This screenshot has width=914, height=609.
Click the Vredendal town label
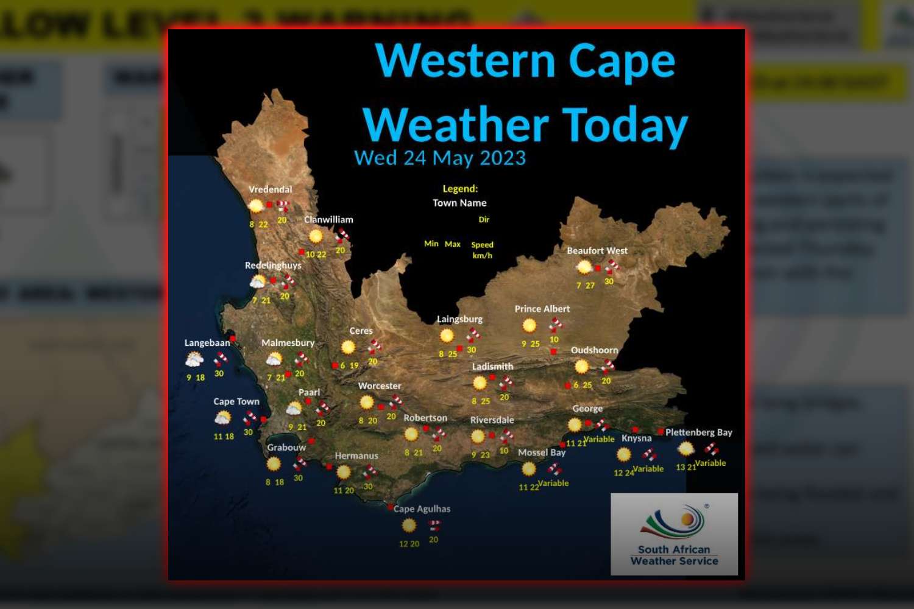coord(270,189)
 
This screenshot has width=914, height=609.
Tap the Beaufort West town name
coord(597,250)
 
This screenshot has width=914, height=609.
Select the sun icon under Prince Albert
coord(529,326)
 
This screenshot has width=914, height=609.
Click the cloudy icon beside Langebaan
coord(194,360)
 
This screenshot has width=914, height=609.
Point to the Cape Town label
coord(236,401)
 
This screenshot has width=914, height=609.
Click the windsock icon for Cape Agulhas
coord(434,525)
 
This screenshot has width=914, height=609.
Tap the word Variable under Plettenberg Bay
coord(710,463)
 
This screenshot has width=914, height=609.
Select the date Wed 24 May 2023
coord(439,158)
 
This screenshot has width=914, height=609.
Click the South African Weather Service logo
coord(674,534)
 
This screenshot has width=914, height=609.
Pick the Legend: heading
coord(460,189)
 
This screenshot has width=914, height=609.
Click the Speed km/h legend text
coord(482,250)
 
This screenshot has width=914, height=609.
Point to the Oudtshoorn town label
coord(594,350)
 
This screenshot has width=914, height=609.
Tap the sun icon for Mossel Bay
coord(528,468)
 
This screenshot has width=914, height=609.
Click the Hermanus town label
coord(356,456)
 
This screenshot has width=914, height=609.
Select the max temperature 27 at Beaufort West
coord(590,285)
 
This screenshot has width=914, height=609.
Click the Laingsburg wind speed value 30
coord(471,350)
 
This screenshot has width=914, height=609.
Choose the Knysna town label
coord(636,438)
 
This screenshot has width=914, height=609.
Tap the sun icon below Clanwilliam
coord(316,236)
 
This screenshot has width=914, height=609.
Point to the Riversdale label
coord(492,420)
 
